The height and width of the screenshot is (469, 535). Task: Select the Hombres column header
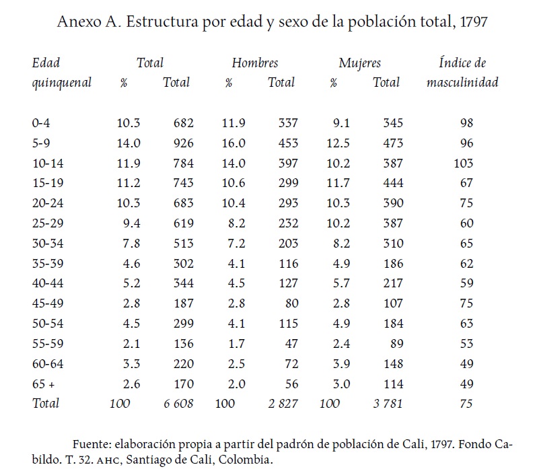click(x=255, y=63)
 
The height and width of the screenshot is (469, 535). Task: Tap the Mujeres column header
click(x=360, y=63)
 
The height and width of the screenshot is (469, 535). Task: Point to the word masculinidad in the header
click(x=462, y=83)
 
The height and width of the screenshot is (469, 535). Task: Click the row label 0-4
click(x=40, y=123)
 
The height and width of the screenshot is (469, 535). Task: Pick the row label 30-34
click(x=46, y=244)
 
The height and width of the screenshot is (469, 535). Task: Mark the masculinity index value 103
click(x=464, y=164)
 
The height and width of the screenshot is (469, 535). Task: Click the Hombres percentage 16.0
click(x=234, y=143)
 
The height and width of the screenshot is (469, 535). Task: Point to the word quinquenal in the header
click(x=62, y=83)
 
